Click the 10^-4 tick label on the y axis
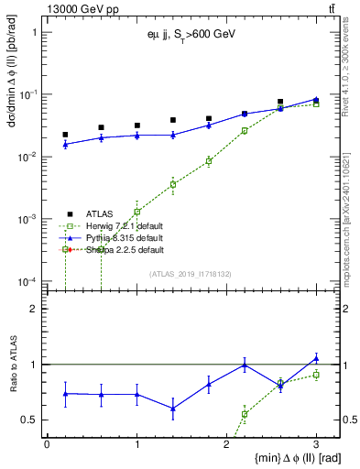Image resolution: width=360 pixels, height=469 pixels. (x=27, y=281)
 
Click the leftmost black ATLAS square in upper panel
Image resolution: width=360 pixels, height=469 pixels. (x=65, y=135)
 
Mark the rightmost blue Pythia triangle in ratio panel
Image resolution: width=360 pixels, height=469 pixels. (x=316, y=358)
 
